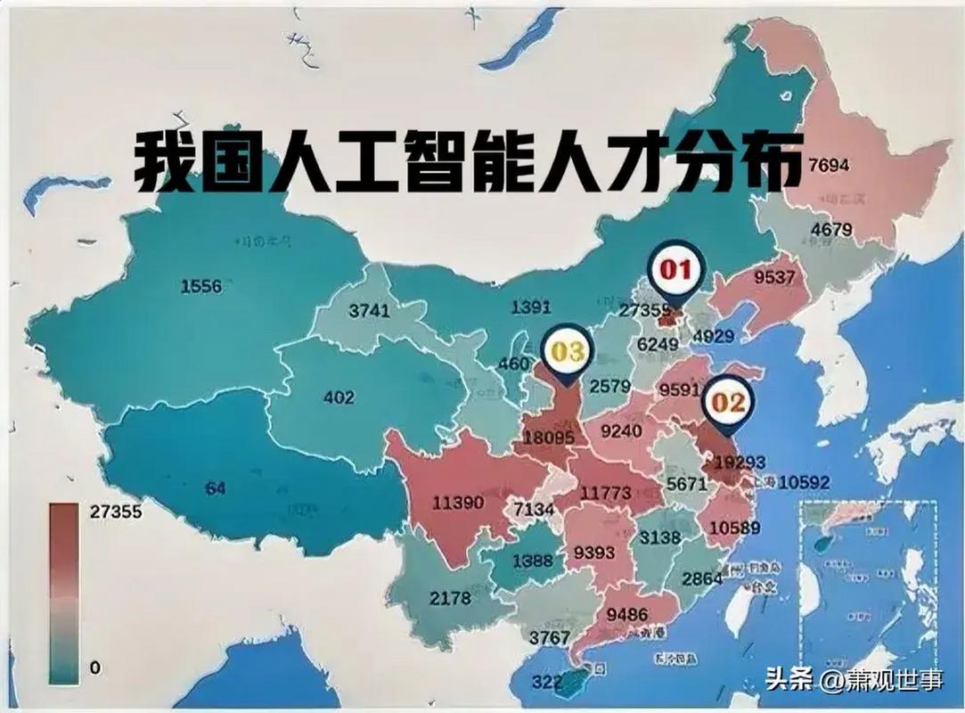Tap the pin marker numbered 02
(x=728, y=403)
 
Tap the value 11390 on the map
(x=458, y=503)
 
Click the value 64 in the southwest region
(x=215, y=488)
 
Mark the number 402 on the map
(x=339, y=397)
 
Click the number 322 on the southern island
(x=548, y=683)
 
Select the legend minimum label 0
(x=95, y=668)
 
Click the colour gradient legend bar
(x=63, y=593)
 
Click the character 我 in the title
(x=166, y=162)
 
